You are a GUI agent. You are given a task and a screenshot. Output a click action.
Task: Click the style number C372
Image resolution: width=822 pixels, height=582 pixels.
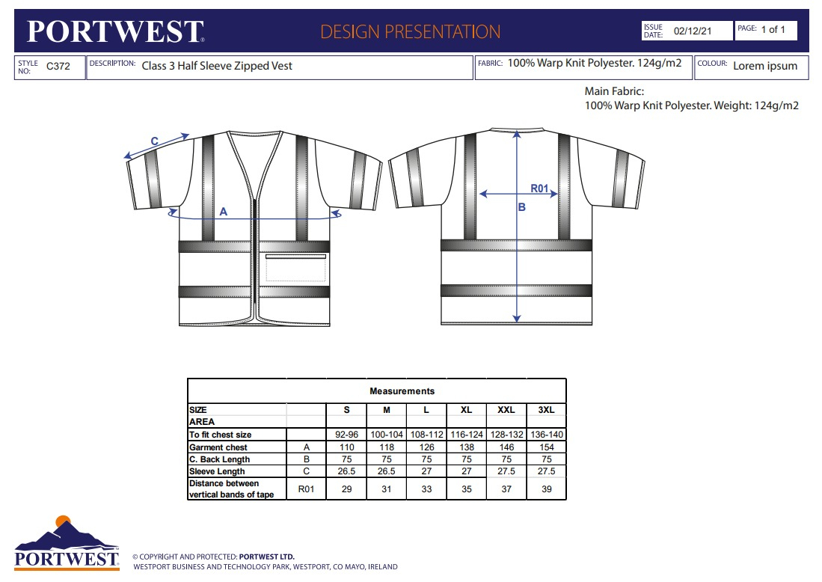58,66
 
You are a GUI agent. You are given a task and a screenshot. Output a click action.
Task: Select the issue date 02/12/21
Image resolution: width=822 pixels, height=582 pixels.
693,31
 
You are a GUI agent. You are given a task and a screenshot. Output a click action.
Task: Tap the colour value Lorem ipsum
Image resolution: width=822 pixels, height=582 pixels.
765,66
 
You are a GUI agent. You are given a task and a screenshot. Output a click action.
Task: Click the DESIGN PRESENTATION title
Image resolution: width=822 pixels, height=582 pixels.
410,31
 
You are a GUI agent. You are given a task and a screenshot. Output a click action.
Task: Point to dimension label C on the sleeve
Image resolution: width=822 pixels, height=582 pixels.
155,141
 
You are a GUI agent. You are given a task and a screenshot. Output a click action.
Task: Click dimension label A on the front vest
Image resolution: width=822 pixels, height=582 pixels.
224,211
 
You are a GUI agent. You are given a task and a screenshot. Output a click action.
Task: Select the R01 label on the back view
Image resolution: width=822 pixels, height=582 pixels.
539,189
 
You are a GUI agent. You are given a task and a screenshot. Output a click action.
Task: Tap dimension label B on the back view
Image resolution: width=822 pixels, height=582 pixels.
521,207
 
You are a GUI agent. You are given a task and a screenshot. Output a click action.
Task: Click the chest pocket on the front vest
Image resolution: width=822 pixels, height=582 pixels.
295,268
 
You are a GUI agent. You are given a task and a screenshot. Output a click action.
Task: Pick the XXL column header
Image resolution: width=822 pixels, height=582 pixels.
506,409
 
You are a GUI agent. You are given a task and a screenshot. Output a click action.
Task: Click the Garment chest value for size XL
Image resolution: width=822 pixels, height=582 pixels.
467,447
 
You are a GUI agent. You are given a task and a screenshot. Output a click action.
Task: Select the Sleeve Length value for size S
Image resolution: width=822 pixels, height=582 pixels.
346,471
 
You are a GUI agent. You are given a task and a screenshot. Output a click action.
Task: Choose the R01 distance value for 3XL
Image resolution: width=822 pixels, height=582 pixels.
547,488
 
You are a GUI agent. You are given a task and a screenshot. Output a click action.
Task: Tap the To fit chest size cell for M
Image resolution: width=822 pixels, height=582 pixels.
387,434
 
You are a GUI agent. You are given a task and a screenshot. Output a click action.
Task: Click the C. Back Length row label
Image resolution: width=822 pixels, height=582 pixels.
220,459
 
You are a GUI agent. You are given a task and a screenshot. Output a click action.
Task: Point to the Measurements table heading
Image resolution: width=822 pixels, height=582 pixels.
402,391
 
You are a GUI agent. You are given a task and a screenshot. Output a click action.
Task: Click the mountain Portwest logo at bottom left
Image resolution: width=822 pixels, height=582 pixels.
67,542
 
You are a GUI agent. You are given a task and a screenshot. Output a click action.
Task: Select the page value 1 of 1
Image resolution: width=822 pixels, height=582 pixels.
773,29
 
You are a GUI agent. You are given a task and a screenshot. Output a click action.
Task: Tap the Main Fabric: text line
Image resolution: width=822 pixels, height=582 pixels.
614,91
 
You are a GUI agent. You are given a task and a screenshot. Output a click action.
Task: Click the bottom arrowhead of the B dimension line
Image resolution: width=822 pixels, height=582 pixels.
517,319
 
